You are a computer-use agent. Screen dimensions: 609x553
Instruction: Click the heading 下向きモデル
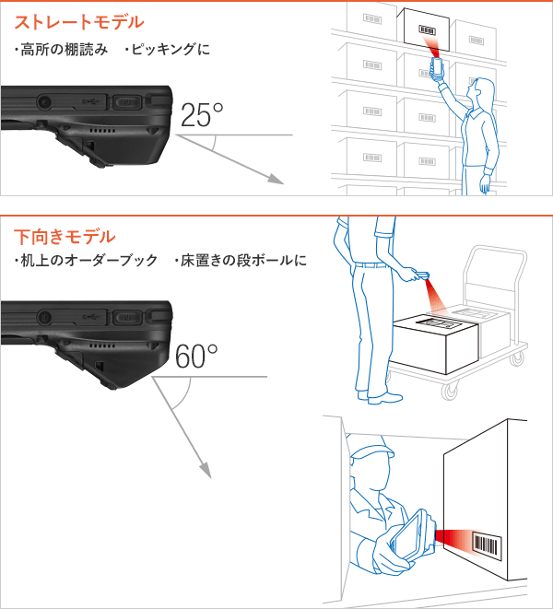(x=65, y=237)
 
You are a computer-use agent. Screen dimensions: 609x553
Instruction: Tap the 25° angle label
(x=201, y=115)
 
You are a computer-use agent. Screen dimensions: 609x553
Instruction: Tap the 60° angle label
(x=195, y=357)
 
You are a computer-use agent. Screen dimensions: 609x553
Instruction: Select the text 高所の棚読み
(x=56, y=48)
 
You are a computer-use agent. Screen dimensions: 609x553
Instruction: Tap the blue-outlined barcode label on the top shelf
(x=428, y=29)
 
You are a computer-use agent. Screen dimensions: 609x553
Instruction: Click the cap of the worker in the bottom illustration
(x=370, y=452)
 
